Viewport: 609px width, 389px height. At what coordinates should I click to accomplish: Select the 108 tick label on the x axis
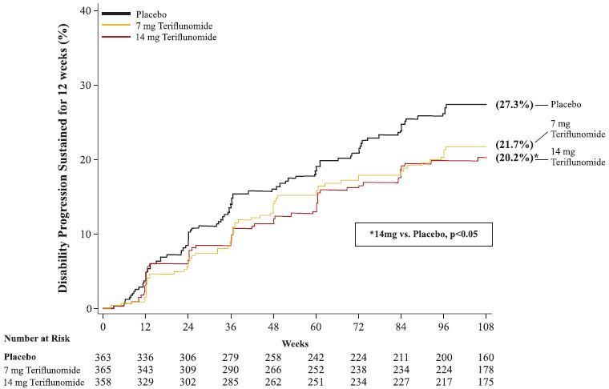click(485, 327)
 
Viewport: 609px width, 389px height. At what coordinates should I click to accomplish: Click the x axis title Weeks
click(295, 343)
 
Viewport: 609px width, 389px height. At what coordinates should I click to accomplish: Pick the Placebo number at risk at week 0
click(104, 356)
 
